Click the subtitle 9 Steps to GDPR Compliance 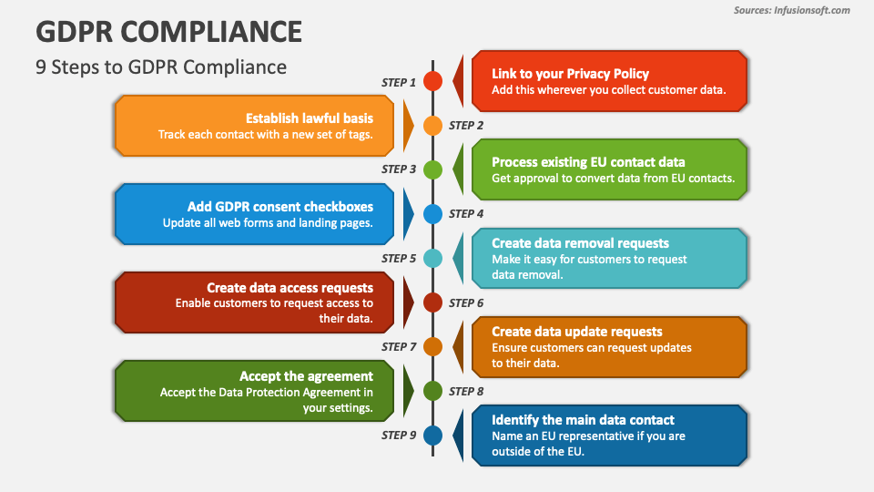161,67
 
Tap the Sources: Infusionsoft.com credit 791,10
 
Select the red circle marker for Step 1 433,81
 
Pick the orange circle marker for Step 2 433,126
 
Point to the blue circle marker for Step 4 433,214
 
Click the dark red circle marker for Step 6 433,302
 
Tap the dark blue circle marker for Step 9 433,436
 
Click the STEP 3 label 399,169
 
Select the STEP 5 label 399,259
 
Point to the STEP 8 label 467,392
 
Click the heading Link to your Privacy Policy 570,74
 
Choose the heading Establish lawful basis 310,118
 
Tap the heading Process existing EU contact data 588,162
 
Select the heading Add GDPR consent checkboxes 280,207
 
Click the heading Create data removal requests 580,243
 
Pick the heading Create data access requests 290,288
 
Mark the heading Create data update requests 576,332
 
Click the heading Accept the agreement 306,376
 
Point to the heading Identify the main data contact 583,420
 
